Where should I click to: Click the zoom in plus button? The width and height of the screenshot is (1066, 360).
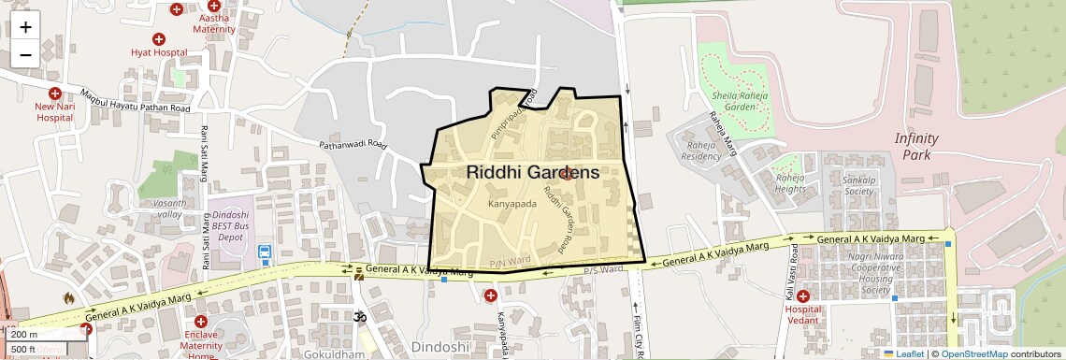click(x=25, y=27)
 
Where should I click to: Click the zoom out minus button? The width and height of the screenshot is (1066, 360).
click(x=25, y=54)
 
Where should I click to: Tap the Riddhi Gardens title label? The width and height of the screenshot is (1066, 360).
click(x=532, y=173)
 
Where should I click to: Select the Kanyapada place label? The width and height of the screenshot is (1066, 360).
click(x=511, y=203)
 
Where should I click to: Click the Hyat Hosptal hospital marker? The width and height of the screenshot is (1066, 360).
click(x=159, y=39)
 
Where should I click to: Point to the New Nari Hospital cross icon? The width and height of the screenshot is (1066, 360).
click(x=55, y=94)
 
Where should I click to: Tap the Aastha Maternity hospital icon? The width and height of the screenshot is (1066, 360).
click(x=214, y=7)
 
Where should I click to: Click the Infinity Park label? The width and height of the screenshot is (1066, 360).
click(x=916, y=147)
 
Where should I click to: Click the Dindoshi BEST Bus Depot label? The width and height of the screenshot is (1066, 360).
click(x=231, y=225)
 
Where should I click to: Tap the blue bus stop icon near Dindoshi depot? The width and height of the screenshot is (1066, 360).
click(x=265, y=251)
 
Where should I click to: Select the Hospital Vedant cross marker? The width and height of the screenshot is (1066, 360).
click(x=802, y=296)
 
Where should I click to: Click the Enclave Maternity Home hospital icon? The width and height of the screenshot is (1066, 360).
click(x=200, y=321)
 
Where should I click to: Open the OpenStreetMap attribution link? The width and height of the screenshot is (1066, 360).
click(x=974, y=354)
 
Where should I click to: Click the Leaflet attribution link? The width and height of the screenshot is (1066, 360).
click(x=903, y=354)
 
